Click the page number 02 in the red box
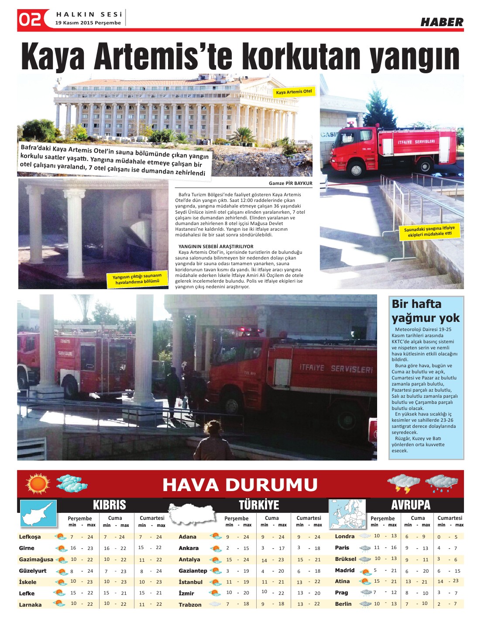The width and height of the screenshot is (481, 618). coord(30,20)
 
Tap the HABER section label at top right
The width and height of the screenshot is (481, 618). coord(442,22)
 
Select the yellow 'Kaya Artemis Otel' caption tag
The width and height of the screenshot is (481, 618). coord(294,92)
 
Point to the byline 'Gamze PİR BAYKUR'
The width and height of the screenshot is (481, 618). coord(290,183)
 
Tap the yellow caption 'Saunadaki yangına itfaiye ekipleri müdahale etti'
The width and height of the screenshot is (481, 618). coord(429,232)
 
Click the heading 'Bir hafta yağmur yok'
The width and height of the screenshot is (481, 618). coord(425,311)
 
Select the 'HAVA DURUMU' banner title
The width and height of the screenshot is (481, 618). coord(240,485)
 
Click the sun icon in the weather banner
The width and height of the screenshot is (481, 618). coord(38,484)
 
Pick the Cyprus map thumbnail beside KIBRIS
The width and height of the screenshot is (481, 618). coord(39,513)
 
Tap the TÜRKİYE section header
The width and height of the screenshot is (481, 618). coord(259,505)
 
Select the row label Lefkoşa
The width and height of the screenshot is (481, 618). coord(30,537)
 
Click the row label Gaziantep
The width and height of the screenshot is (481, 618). coord(192,571)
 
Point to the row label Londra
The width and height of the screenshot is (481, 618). coord(344,536)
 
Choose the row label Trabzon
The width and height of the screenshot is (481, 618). coord(190,604)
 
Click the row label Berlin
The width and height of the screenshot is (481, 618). coord(343,604)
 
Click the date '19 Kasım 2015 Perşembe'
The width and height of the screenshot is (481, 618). coord(88,23)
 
